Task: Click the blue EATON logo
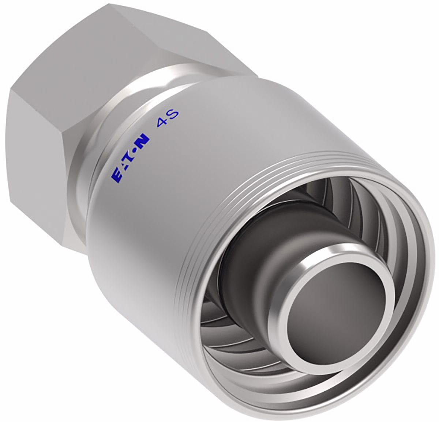[130, 157]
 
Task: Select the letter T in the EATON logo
[130, 157]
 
